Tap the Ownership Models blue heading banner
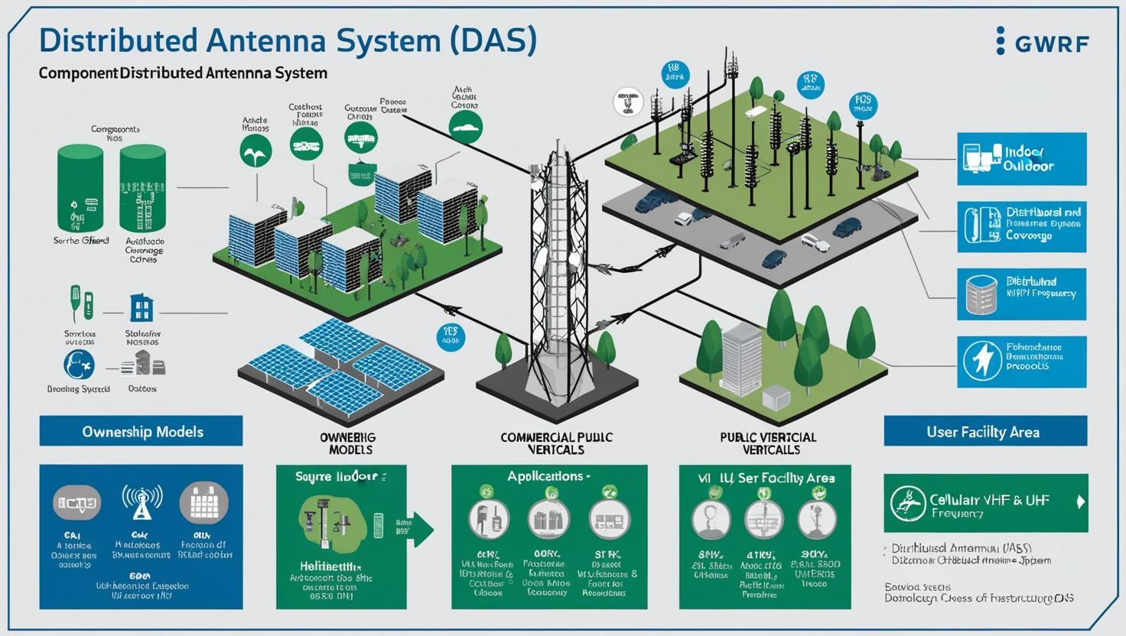click(142, 431)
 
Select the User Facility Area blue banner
click(984, 431)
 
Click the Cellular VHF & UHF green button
click(985, 503)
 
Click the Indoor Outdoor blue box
click(1021, 159)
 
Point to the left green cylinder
click(80, 188)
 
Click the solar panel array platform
click(340, 367)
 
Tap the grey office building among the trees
click(740, 358)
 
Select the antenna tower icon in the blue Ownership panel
click(142, 501)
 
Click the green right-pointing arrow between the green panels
click(421, 530)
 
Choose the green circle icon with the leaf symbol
click(255, 151)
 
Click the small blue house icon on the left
click(142, 307)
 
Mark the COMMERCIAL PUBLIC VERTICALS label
click(556, 443)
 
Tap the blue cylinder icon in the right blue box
click(981, 294)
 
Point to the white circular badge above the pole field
click(627, 102)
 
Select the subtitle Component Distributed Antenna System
click(183, 73)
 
